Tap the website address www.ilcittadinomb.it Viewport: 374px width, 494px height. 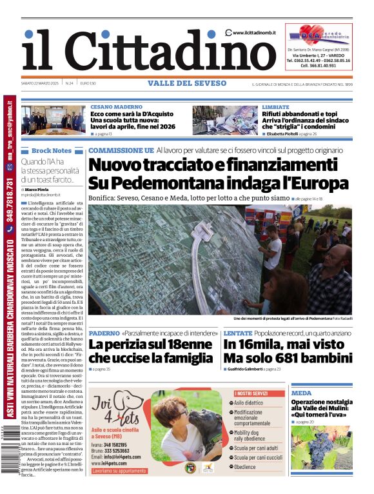(256, 33)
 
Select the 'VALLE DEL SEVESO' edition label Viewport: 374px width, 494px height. (186, 83)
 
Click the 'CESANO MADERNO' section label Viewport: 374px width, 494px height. (116, 106)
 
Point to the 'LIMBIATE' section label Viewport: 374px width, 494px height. (275, 106)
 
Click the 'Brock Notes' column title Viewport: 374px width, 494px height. (51, 150)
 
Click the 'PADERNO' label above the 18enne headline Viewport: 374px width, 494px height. (104, 333)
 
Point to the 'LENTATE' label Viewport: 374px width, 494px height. (238, 333)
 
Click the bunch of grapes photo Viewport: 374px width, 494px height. (320, 446)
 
